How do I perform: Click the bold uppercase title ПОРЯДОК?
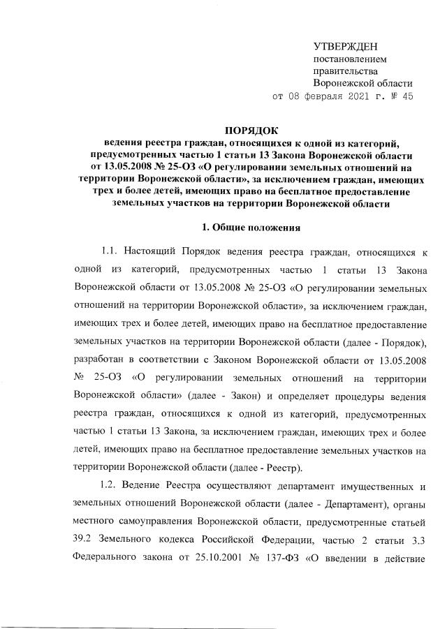251,130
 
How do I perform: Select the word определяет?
304,395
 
